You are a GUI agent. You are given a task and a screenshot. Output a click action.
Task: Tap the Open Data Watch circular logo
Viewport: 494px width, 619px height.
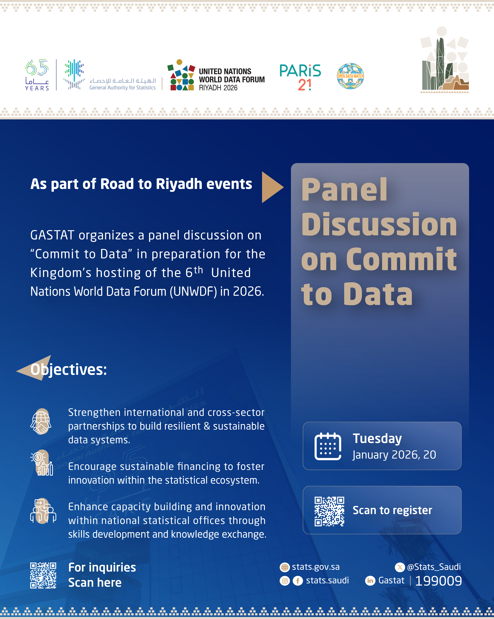click(350, 76)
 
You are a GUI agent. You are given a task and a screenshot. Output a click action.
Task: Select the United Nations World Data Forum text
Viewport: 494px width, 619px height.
click(231, 79)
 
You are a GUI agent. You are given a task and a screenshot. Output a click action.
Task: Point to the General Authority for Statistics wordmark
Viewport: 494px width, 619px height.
click(123, 84)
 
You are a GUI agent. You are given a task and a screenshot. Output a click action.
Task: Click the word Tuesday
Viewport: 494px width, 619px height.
click(377, 438)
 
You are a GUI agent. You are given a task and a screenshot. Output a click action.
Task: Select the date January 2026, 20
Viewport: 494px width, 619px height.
click(394, 455)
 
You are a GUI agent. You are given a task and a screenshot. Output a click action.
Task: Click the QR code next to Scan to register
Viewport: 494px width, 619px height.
click(329, 511)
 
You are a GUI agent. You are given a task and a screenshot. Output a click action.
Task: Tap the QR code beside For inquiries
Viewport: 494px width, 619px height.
click(43, 575)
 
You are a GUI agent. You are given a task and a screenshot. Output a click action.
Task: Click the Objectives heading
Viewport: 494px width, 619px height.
click(69, 370)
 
